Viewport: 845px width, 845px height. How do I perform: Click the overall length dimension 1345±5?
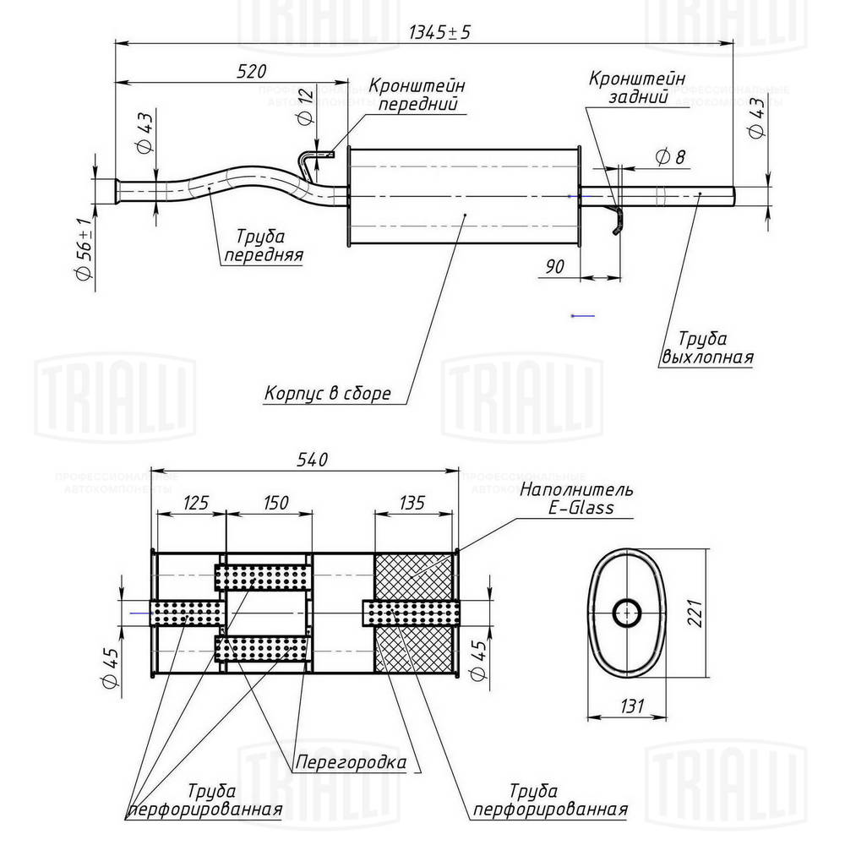tap(439, 32)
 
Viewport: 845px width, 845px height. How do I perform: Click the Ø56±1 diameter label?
tap(83, 249)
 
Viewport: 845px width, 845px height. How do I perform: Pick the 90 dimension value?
tap(554, 266)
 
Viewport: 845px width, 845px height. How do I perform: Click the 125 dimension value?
tap(194, 503)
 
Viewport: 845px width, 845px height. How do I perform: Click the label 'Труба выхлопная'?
tap(706, 348)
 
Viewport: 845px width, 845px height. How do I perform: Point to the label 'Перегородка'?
tap(350, 763)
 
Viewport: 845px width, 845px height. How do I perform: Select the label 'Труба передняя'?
tap(263, 246)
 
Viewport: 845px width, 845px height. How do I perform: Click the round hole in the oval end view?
tap(626, 613)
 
